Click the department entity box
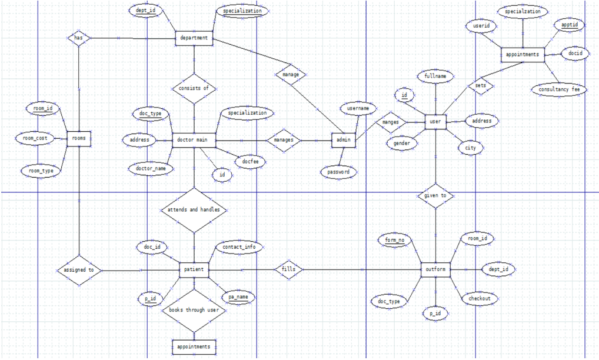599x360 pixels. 194,38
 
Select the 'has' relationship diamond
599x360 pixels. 77,38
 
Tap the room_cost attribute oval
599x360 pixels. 33,138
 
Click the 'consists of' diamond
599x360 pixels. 194,88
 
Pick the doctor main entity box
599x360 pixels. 194,140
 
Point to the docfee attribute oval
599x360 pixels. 245,160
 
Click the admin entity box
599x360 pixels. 342,141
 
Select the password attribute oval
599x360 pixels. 338,172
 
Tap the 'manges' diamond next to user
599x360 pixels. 390,122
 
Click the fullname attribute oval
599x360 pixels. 435,76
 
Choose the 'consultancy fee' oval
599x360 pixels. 558,89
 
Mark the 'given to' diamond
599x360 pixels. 435,195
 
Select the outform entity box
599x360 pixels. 435,269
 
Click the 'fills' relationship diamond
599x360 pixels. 289,270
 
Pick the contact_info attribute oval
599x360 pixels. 239,248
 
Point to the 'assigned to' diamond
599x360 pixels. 79,270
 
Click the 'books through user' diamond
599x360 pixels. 194,310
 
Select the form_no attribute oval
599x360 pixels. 394,240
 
